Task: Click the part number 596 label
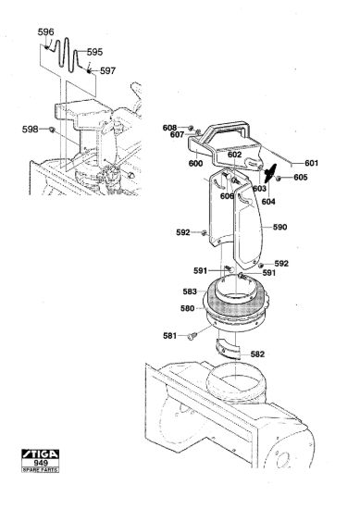(x=45, y=32)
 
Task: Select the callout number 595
(x=94, y=52)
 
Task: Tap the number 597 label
(x=107, y=70)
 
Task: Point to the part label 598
(x=31, y=130)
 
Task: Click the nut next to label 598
(x=52, y=130)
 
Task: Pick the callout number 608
(x=169, y=128)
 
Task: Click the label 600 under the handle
(x=195, y=163)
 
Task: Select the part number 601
(x=311, y=163)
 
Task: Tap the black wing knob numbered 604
(x=270, y=173)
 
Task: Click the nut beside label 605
(x=279, y=178)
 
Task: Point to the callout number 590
(x=279, y=227)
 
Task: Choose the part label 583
(x=190, y=292)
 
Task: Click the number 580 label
(x=187, y=308)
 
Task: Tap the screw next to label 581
(x=192, y=336)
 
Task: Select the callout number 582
(x=258, y=354)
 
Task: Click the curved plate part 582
(x=228, y=349)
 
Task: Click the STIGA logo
(x=40, y=453)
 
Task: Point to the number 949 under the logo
(x=41, y=463)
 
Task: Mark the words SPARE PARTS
(x=40, y=470)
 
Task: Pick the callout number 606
(x=227, y=196)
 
